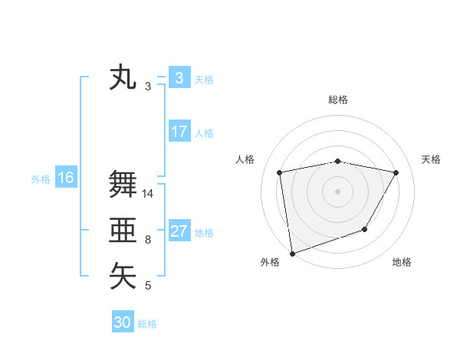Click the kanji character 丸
pyautogui.click(x=123, y=78)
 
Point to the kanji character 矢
pyautogui.click(x=123, y=276)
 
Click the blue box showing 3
pyautogui.click(x=179, y=77)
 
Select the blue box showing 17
pyautogui.click(x=179, y=132)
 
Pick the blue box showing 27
pyautogui.click(x=179, y=231)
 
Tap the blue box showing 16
pyautogui.click(x=65, y=178)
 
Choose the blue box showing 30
pyautogui.click(x=122, y=322)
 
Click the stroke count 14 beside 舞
pyautogui.click(x=148, y=194)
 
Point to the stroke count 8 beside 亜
pyautogui.click(x=148, y=240)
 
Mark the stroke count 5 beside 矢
pyautogui.click(x=148, y=286)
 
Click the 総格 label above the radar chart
pyautogui.click(x=338, y=100)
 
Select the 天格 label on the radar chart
pyautogui.click(x=431, y=159)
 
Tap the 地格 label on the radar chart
pyautogui.click(x=402, y=262)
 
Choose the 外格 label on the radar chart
pyautogui.click(x=270, y=262)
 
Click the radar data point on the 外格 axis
pyautogui.click(x=292, y=253)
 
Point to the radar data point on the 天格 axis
pyautogui.click(x=396, y=172)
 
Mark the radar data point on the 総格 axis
pyautogui.click(x=338, y=161)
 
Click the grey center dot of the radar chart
pyautogui.click(x=338, y=191)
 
